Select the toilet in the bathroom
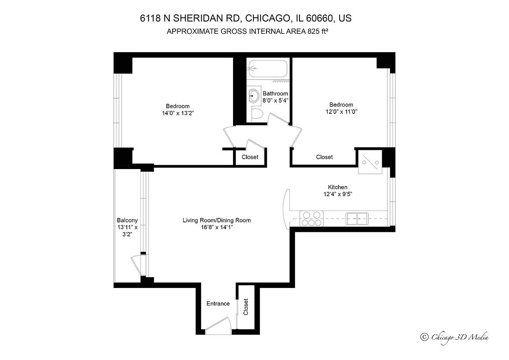click(257, 114)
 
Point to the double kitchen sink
click(356, 217)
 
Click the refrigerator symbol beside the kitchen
click(370, 162)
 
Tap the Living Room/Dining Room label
click(217, 220)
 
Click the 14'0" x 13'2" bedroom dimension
click(178, 113)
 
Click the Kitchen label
click(338, 187)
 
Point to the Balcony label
click(127, 220)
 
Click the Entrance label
click(218, 304)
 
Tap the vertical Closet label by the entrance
click(246, 307)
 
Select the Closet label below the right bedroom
click(324, 157)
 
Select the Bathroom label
click(275, 93)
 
